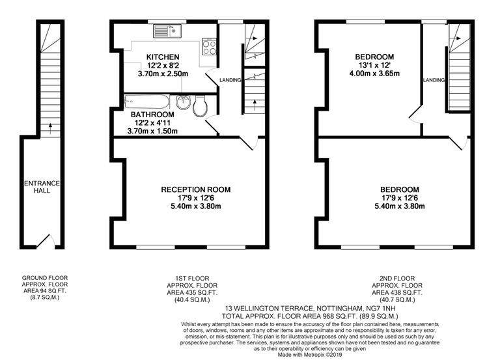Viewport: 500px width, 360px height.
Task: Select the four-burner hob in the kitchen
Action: point(210,47)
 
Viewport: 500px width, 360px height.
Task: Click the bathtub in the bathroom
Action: point(147,102)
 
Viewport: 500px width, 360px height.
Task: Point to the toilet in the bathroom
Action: point(200,104)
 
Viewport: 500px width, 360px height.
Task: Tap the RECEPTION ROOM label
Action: point(195,190)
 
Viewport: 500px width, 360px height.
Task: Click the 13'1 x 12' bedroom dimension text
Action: point(374,66)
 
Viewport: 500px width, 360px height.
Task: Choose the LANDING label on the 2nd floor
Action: point(434,80)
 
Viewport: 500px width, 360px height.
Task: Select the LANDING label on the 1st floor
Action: point(230,80)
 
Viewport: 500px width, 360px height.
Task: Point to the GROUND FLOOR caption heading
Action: point(44,278)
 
